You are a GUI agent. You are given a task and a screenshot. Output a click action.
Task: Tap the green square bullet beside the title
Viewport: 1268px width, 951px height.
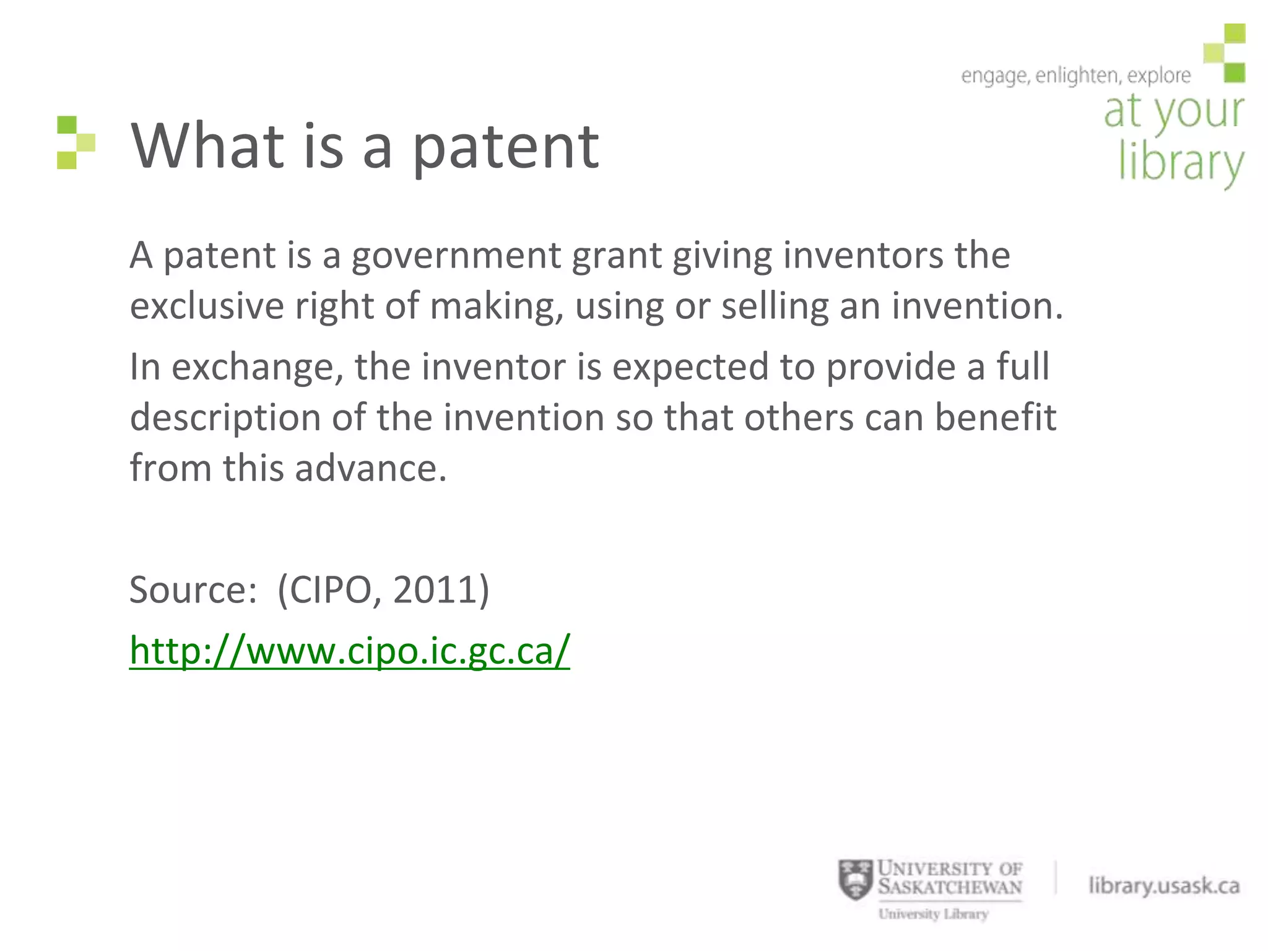coord(76,142)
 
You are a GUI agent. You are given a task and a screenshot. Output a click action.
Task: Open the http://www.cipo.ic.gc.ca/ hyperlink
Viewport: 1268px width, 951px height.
coord(349,651)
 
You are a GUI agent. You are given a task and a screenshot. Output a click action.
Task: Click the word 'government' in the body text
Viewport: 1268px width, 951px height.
coord(456,256)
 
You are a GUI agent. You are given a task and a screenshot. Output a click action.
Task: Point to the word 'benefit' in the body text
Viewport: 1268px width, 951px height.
coord(995,417)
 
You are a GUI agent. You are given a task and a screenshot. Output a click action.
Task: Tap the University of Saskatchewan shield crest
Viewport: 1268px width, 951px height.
coord(855,880)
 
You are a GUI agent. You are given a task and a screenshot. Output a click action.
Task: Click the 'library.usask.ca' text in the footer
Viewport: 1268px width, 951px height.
coord(1164,886)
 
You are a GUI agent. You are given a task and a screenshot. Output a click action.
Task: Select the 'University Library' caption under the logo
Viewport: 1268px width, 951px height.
coord(933,914)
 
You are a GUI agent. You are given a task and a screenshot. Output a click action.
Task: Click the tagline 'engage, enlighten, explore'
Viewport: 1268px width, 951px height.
coord(1075,76)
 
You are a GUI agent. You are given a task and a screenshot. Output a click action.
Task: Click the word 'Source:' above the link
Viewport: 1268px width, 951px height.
coord(193,589)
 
